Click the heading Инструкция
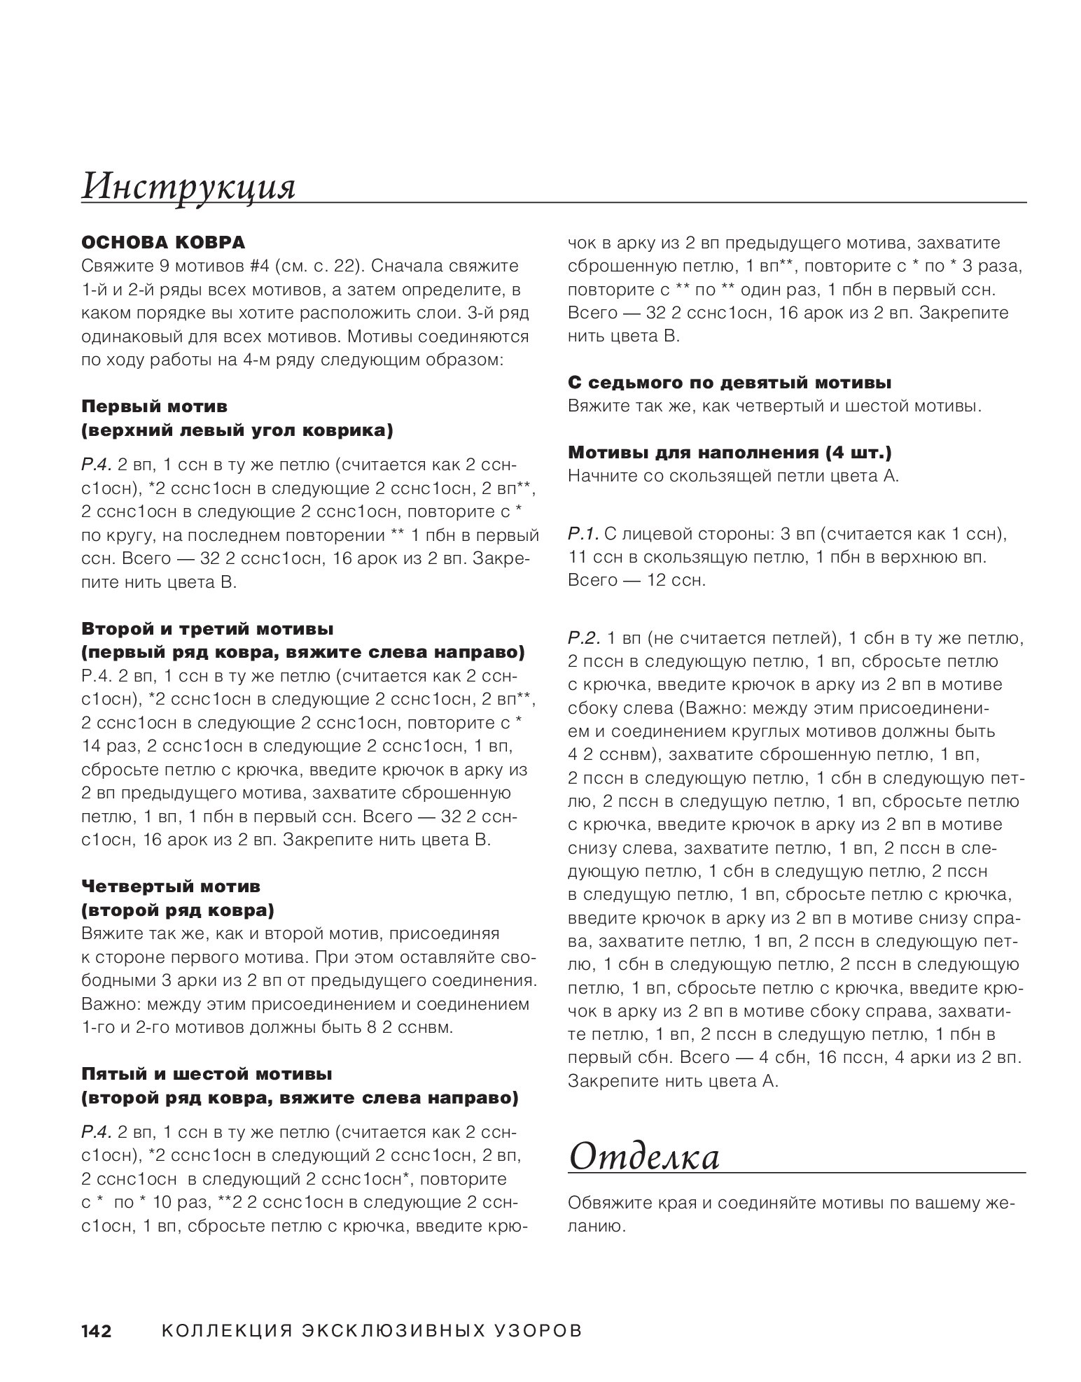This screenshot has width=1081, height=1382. click(x=188, y=187)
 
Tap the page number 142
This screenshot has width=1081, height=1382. click(x=97, y=1330)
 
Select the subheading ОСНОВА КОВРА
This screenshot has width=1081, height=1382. click(x=163, y=243)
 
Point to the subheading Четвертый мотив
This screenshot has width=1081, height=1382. click(x=171, y=887)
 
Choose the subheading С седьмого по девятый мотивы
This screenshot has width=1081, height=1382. click(x=729, y=383)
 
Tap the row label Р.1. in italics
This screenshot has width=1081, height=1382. click(x=583, y=535)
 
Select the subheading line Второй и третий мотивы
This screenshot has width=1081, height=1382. click(x=207, y=629)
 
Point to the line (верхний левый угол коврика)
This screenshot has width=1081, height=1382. click(x=237, y=430)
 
